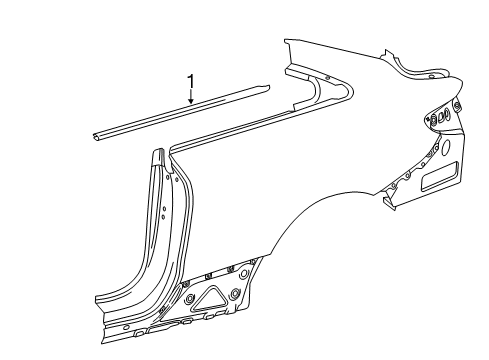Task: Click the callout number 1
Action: pyautogui.click(x=191, y=82)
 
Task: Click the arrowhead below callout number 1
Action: pyautogui.click(x=191, y=100)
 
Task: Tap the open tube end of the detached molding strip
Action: pyautogui.click(x=95, y=136)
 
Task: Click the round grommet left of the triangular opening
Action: pyautogui.click(x=190, y=298)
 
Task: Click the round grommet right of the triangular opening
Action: pyautogui.click(x=235, y=293)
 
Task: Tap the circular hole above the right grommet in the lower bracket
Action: pyautogui.click(x=244, y=274)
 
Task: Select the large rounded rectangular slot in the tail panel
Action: pyautogui.click(x=439, y=176)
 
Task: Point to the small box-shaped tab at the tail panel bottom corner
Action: pyautogui.click(x=388, y=201)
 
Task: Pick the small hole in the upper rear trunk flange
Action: pyautogui.click(x=432, y=76)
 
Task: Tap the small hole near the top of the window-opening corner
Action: pyautogui.click(x=328, y=78)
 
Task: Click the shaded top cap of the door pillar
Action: pyautogui.click(x=160, y=157)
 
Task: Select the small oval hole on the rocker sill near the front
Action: pyautogui.click(x=126, y=328)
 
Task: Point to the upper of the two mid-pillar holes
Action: pyautogui.click(x=164, y=209)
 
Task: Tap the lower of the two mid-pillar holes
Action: pyautogui.click(x=163, y=217)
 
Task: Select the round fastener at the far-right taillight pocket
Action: pyautogui.click(x=457, y=105)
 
